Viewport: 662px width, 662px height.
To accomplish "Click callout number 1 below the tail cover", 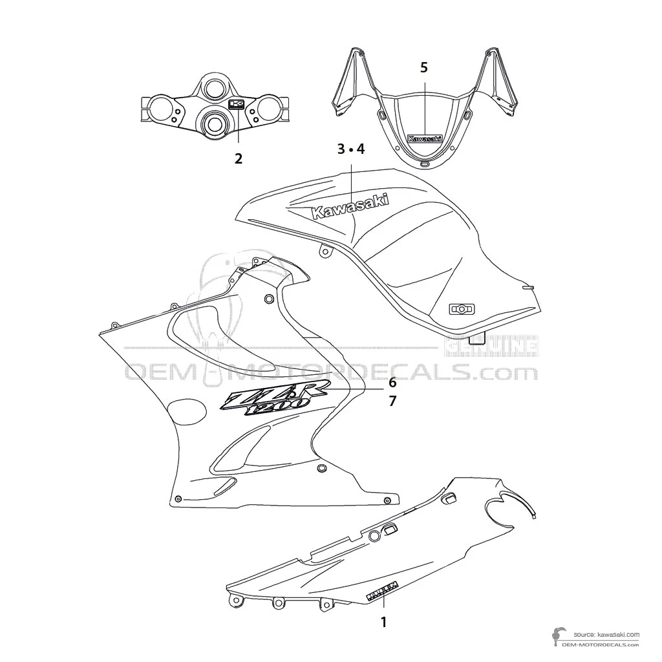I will click(383, 622).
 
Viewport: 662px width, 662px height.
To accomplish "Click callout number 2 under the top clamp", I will click(239, 157).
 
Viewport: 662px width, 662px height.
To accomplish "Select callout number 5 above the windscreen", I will click(424, 67).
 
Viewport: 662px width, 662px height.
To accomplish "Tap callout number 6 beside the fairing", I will click(392, 382).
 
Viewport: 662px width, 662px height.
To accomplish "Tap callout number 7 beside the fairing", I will click(392, 401).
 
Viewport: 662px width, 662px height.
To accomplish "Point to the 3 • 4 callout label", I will click(350, 149).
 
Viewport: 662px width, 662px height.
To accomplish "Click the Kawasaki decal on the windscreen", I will click(424, 138).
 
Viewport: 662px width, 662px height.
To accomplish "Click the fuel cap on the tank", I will click(462, 309).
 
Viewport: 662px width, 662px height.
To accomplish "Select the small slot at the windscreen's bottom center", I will click(425, 164).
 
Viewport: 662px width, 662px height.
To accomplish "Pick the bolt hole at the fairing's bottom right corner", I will click(387, 500).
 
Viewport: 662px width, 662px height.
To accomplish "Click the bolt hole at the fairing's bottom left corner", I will click(178, 499).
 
